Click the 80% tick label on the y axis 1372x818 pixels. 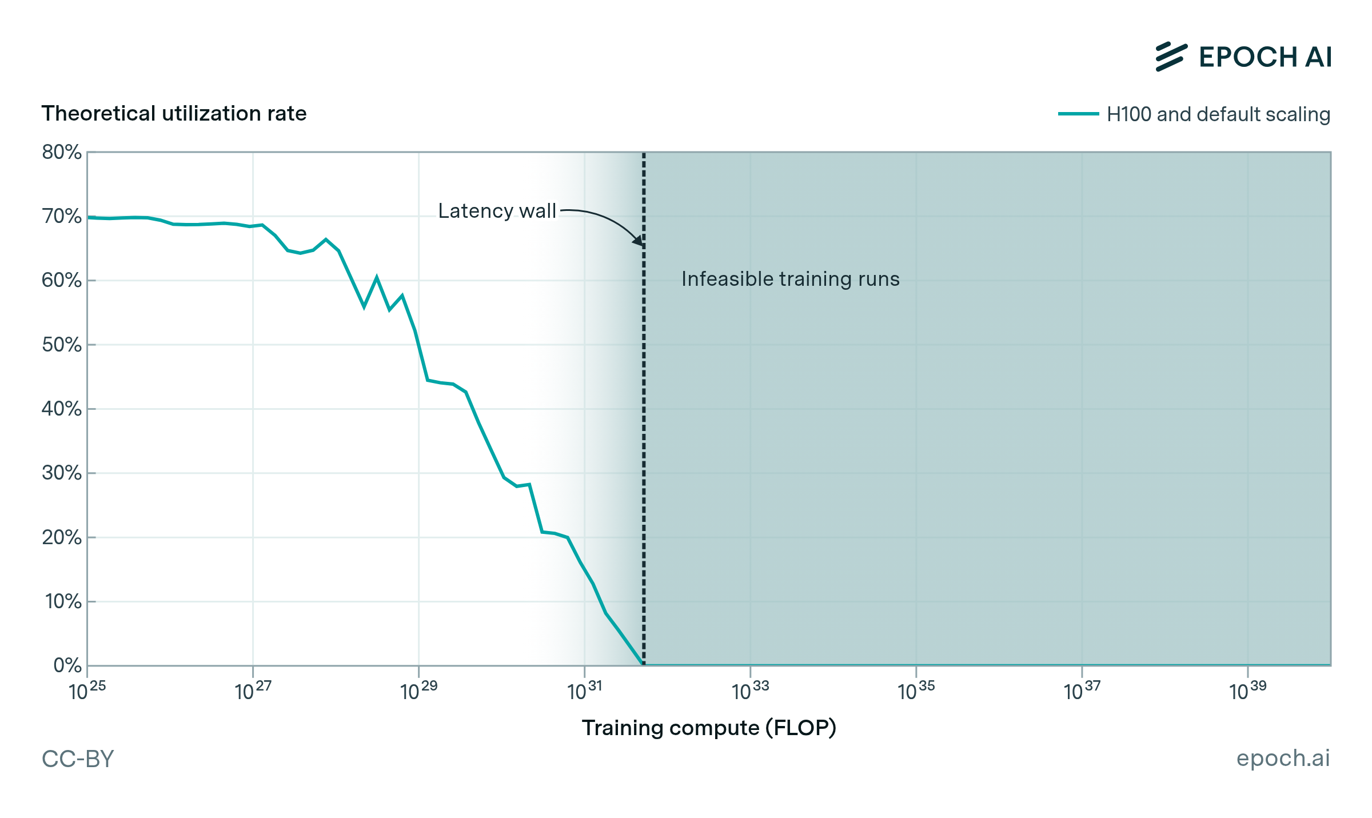point(61,152)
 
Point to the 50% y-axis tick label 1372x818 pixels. point(61,345)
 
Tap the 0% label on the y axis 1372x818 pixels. point(67,665)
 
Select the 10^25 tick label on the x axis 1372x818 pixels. point(87,691)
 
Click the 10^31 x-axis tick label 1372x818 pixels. point(584,691)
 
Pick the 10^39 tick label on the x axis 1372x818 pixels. point(1247,691)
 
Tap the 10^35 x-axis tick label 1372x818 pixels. point(916,691)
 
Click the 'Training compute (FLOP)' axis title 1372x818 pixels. point(709,728)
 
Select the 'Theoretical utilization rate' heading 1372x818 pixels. point(174,113)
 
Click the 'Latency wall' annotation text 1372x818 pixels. point(497,211)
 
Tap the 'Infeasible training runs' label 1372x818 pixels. point(790,279)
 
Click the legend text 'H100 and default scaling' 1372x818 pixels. point(1218,114)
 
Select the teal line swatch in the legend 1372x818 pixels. point(1078,114)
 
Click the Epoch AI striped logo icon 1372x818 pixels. point(1171,57)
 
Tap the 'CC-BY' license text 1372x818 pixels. point(78,759)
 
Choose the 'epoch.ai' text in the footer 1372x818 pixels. point(1283,758)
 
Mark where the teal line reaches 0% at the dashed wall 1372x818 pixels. point(643,664)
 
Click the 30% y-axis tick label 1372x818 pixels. point(61,473)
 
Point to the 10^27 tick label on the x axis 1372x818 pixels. point(253,691)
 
